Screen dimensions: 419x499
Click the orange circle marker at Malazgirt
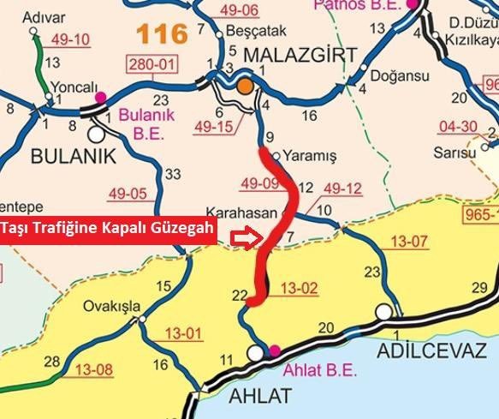tap(245, 86)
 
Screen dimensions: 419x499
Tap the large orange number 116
tap(161, 34)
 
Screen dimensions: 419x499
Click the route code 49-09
tap(260, 183)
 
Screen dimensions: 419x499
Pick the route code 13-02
tap(300, 288)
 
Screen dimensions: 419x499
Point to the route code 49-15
tap(212, 128)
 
